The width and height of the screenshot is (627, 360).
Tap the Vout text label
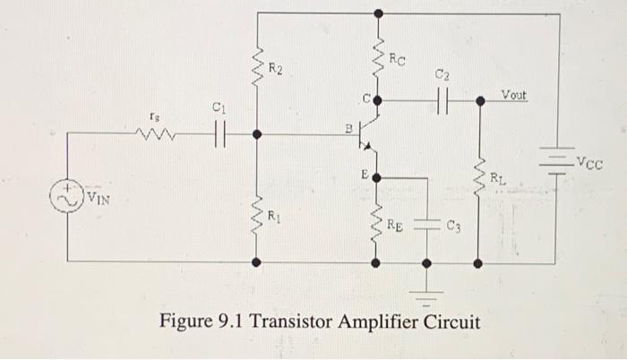(514, 93)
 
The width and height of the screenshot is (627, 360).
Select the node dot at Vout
(479, 101)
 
